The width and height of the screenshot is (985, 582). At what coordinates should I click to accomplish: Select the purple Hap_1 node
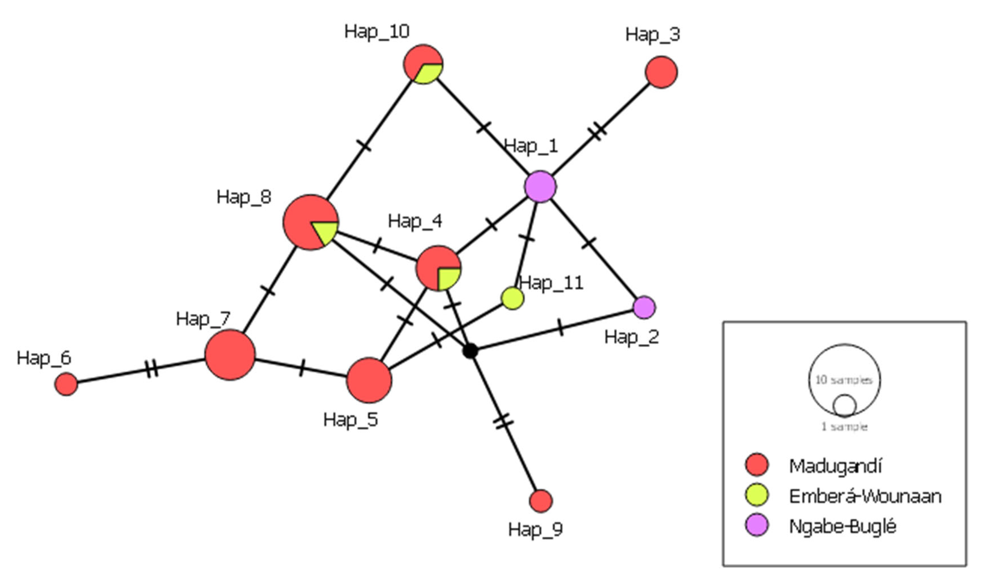tap(540, 187)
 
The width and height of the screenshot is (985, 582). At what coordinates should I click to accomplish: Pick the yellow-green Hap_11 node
tap(512, 298)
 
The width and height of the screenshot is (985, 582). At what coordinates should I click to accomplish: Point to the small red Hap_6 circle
tap(66, 384)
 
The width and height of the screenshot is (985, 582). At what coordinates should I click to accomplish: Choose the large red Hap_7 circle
tap(230, 355)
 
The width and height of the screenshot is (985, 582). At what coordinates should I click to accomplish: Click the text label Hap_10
tap(376, 31)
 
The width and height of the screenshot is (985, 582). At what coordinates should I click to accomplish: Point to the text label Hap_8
tap(244, 197)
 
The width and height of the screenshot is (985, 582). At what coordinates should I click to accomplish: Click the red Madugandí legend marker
tap(757, 465)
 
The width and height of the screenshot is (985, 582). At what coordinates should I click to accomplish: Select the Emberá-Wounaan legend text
tap(865, 496)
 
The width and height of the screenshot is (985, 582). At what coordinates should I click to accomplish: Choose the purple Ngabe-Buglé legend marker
tap(757, 525)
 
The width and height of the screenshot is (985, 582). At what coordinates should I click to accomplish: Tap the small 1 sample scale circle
tap(844, 406)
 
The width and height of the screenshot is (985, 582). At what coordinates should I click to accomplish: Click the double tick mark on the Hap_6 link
tap(151, 369)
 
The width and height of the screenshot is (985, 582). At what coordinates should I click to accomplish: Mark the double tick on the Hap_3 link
tap(597, 131)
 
